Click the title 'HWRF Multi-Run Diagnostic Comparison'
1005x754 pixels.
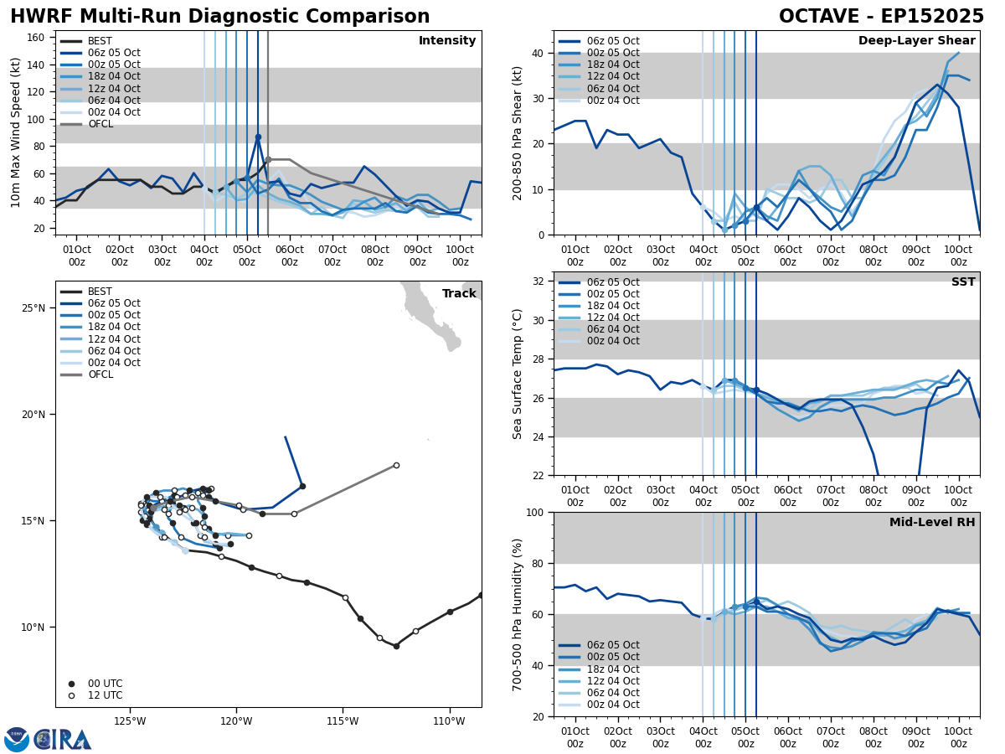coord(219,17)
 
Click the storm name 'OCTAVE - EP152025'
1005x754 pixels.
coord(881,17)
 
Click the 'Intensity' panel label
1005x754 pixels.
coord(447,41)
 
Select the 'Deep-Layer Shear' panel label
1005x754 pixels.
coord(916,41)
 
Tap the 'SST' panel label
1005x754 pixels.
coord(963,282)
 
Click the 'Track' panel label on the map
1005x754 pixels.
coord(459,294)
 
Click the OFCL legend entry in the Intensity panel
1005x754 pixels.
coord(100,124)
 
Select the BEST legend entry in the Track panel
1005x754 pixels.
coord(100,292)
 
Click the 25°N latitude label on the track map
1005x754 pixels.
coord(33,308)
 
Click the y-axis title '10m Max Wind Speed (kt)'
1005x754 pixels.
coord(16,133)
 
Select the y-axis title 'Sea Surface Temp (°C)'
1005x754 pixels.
coord(518,374)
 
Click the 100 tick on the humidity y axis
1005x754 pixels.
coord(536,512)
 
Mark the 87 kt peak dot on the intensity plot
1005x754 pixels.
coord(258,137)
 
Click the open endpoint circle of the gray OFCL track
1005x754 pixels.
coord(396,465)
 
